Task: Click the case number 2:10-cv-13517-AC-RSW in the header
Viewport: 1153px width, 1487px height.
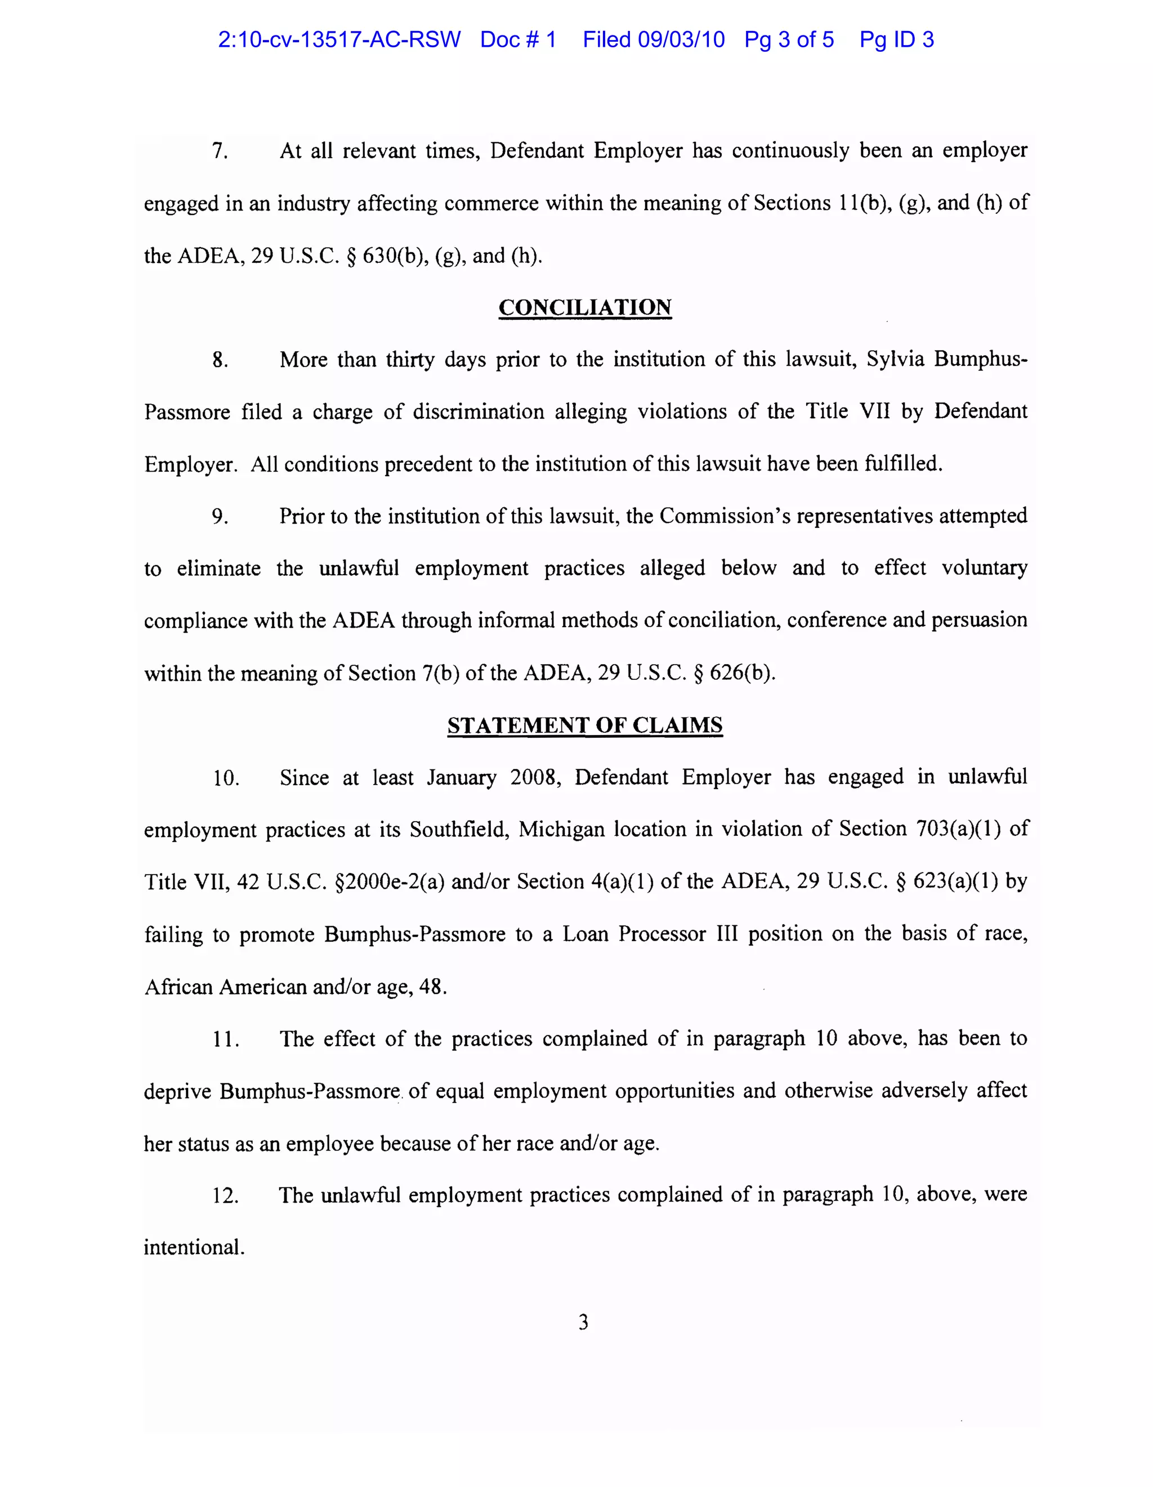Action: (338, 39)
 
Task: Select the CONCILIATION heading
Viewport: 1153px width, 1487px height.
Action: (584, 307)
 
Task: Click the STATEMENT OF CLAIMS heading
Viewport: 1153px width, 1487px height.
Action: (584, 725)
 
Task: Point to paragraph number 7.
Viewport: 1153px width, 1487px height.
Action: (220, 150)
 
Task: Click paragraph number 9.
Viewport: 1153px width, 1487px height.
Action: (220, 516)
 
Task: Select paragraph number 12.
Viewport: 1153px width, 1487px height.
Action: (225, 1195)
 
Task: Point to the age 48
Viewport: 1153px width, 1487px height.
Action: (432, 986)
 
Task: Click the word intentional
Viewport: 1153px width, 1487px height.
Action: (194, 1247)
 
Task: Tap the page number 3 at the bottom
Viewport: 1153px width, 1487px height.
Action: (583, 1322)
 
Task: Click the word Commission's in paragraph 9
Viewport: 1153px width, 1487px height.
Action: (725, 516)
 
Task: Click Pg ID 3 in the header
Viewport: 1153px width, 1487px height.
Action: (896, 39)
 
